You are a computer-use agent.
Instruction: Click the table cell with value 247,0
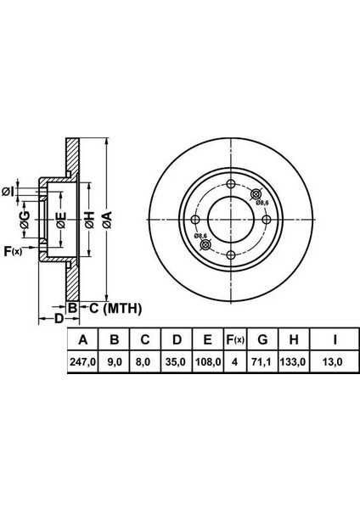(x=83, y=361)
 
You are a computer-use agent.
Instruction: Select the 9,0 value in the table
(x=115, y=361)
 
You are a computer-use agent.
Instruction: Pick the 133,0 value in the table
(x=294, y=361)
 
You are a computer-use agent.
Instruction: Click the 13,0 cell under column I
(x=335, y=361)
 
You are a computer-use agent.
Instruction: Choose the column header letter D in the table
(x=177, y=339)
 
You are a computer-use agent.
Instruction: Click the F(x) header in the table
(x=235, y=339)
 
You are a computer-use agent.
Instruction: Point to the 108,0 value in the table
(x=208, y=361)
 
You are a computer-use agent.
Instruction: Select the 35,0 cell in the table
(x=177, y=361)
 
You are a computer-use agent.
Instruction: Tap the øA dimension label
(x=107, y=220)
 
